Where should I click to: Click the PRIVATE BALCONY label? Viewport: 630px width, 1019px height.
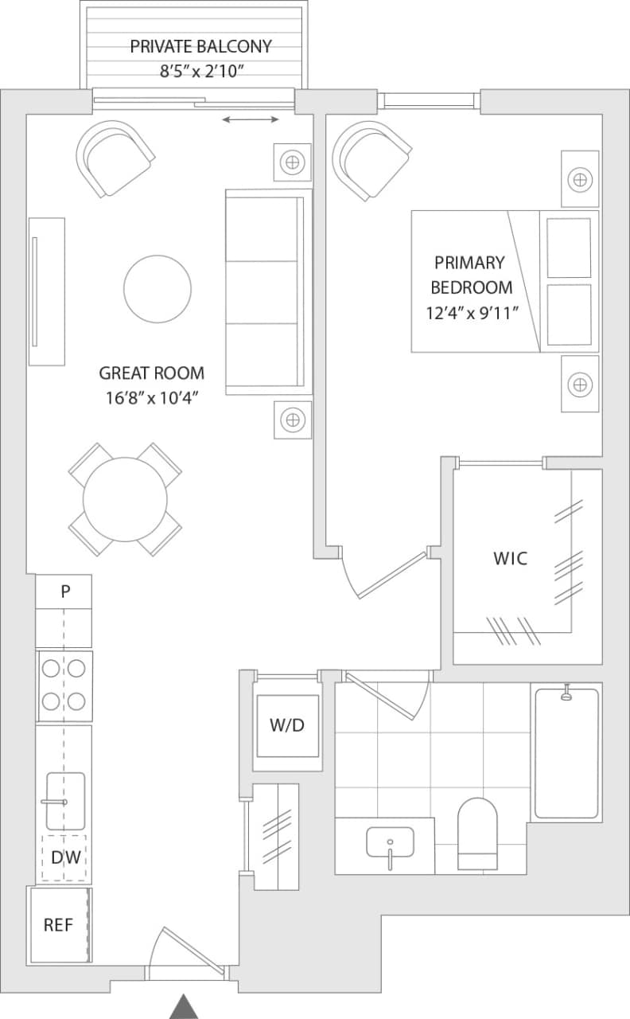point(200,46)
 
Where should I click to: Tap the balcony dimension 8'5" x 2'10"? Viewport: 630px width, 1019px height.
point(200,71)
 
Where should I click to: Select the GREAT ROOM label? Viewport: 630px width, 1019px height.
point(151,373)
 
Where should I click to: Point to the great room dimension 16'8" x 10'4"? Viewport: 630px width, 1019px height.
point(151,396)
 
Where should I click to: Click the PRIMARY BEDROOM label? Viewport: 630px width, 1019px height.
point(469,275)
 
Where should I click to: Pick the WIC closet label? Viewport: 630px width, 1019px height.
point(510,558)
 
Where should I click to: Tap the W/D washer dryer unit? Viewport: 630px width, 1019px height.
point(287,726)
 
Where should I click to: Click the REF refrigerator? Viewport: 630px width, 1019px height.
point(58,925)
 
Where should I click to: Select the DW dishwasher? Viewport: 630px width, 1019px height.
point(64,857)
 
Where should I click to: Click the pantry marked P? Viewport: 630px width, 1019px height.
point(64,591)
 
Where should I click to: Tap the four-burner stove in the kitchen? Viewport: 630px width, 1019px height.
point(64,685)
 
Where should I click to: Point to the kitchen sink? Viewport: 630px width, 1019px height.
point(65,800)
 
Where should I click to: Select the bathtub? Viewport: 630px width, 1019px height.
point(566,753)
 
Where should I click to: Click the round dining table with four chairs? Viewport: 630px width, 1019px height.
point(125,499)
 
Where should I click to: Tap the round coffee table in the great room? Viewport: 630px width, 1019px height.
point(157,289)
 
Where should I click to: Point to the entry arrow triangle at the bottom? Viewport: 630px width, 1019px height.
point(185,1006)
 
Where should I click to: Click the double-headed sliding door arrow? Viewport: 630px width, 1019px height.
point(251,119)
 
